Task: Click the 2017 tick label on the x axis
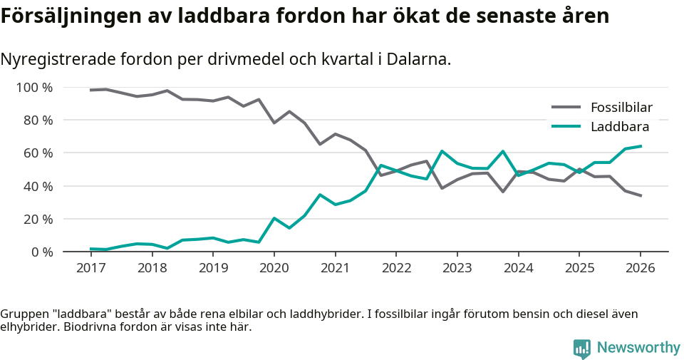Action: click(90, 268)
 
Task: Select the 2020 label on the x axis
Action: click(274, 268)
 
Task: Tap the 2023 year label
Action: click(457, 268)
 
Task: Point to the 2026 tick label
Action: click(640, 268)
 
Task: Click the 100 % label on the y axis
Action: click(34, 88)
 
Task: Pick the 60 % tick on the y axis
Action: click(37, 153)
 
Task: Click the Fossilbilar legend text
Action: click(621, 108)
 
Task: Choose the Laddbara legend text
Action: click(619, 127)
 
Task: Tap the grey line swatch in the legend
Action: click(566, 108)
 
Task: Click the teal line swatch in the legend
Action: click(566, 127)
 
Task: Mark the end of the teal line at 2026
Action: click(641, 146)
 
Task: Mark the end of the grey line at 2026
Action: click(641, 195)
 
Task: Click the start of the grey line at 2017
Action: click(91, 90)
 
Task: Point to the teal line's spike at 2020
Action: click(274, 218)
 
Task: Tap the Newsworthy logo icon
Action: click(582, 348)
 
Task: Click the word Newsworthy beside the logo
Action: click(638, 348)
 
